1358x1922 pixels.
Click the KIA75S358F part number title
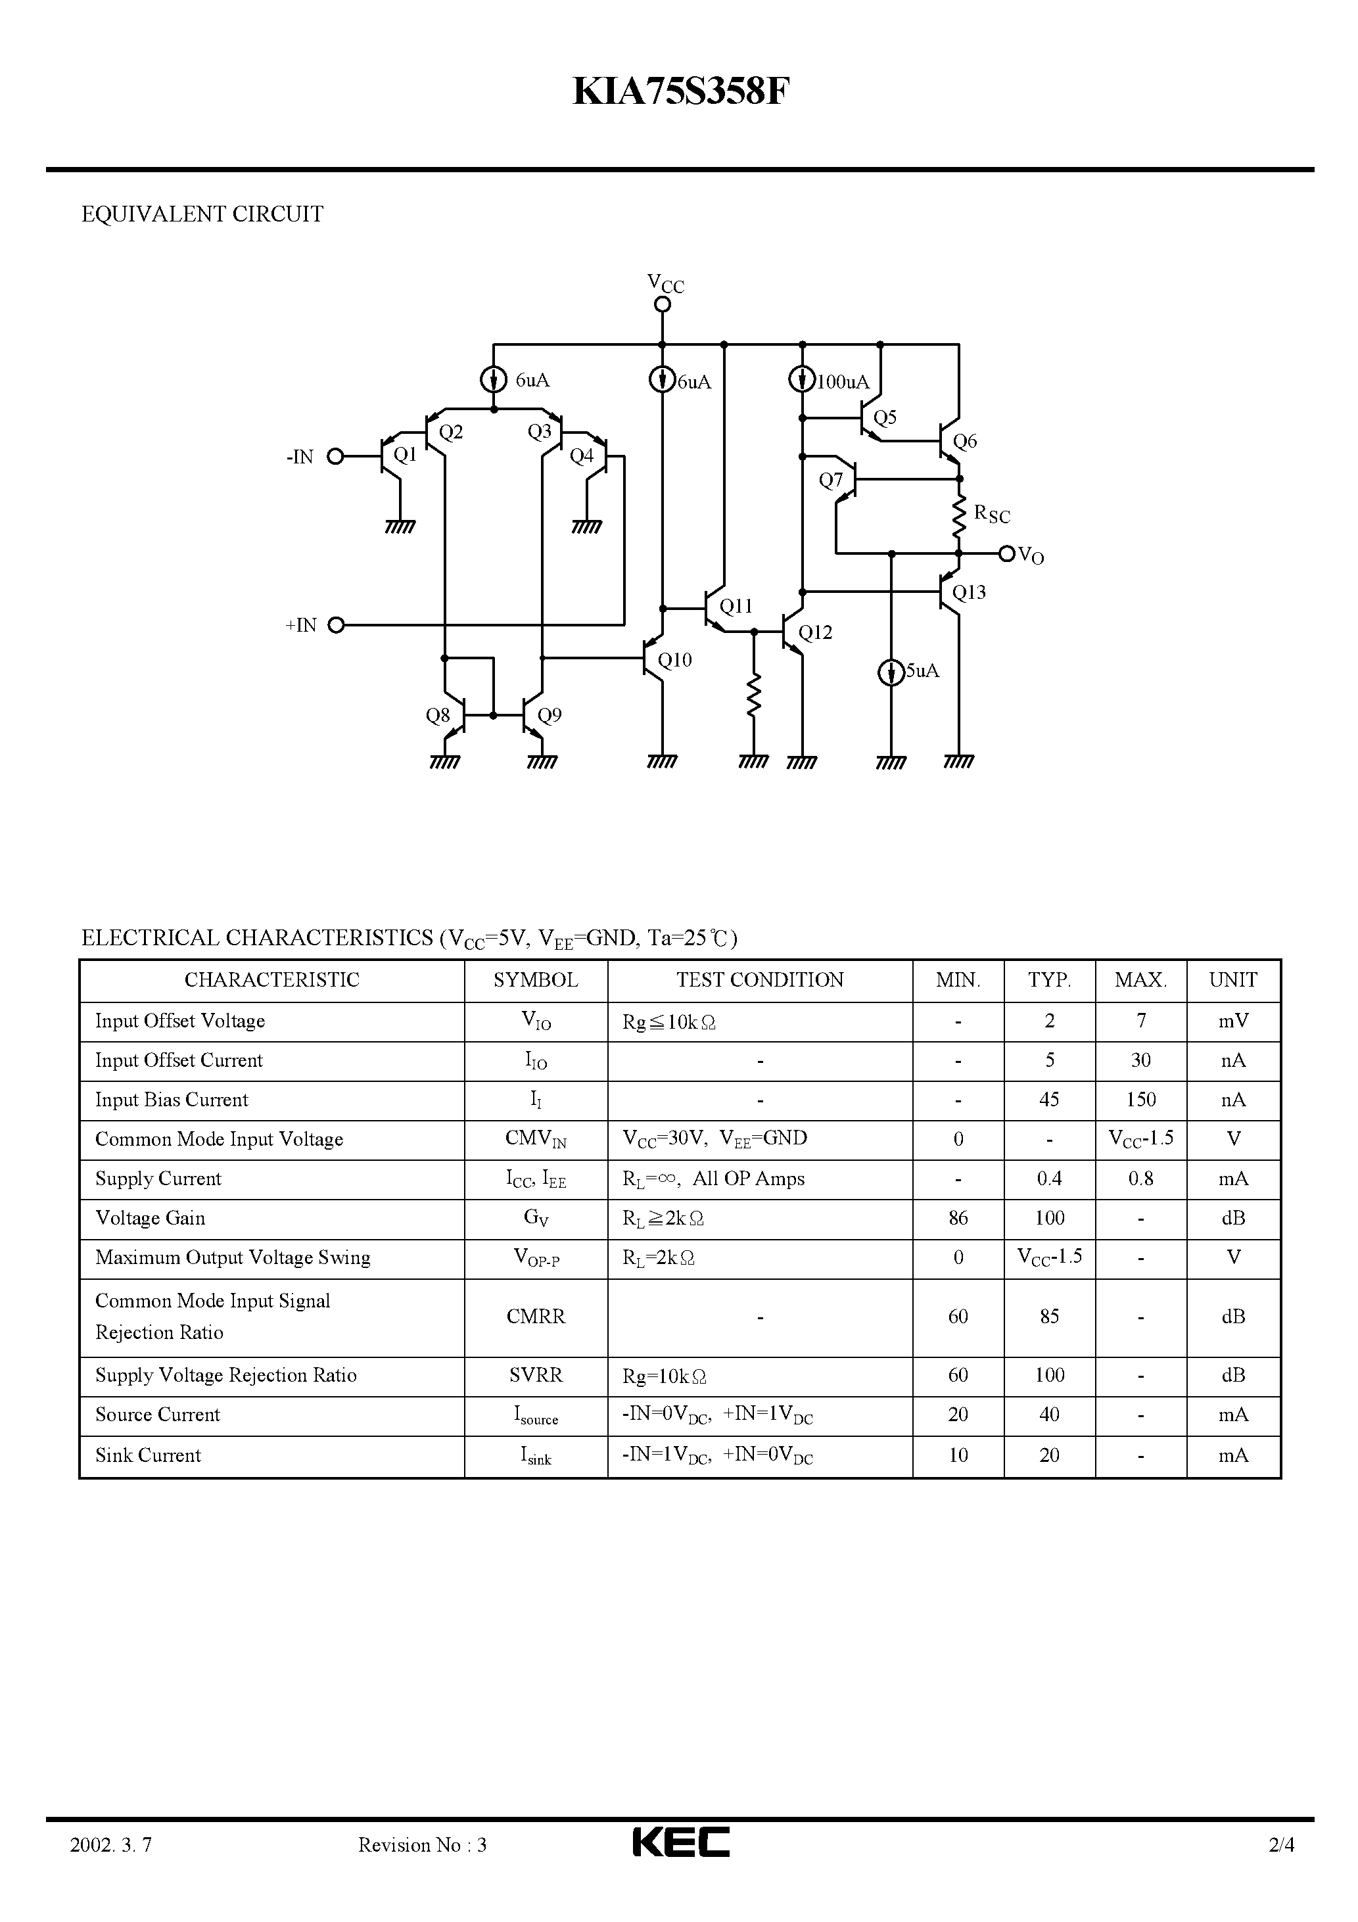[680, 92]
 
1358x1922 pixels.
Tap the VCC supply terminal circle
[663, 305]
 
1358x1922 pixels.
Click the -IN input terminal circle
[336, 456]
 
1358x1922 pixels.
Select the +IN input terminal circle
[336, 624]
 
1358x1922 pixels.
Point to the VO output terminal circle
[1007, 553]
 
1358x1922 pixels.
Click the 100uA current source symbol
[801, 380]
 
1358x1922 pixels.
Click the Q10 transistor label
[675, 661]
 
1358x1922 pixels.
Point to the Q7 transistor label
[831, 480]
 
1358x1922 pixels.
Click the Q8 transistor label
[438, 716]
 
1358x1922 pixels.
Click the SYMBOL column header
[536, 980]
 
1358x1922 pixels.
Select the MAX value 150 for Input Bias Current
[1141, 1100]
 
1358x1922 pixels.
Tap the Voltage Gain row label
[151, 1218]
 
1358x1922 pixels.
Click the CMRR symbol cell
[536, 1317]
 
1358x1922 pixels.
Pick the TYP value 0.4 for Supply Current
[1049, 1179]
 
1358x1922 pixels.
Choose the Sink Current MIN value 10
[958, 1455]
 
